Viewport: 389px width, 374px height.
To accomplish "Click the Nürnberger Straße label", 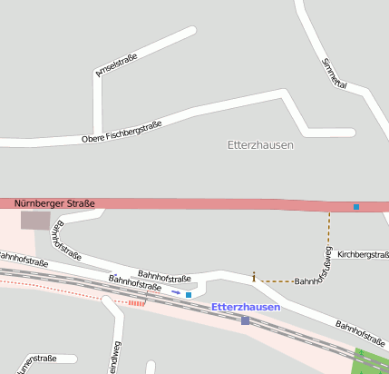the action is pyautogui.click(x=54, y=203).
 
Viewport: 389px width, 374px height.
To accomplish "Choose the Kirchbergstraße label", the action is pyautogui.click(x=362, y=255).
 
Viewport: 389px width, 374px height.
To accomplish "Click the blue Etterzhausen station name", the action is pyautogui.click(x=246, y=307).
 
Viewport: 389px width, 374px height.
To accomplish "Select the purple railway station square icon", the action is pyautogui.click(x=245, y=320).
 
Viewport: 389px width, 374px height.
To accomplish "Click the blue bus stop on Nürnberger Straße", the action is pyautogui.click(x=356, y=207).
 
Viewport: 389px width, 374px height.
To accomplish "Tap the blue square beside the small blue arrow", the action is pyautogui.click(x=189, y=295).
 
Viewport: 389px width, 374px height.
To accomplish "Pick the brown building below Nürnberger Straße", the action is pyautogui.click(x=35, y=220).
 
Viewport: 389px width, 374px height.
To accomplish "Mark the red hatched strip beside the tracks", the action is pyautogui.click(x=136, y=302).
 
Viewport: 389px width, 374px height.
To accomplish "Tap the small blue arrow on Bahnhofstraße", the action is pyautogui.click(x=175, y=292).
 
